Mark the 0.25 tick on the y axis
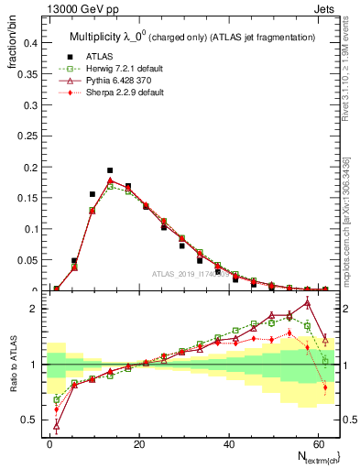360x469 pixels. coord(30,136)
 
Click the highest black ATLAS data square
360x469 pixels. coord(110,170)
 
